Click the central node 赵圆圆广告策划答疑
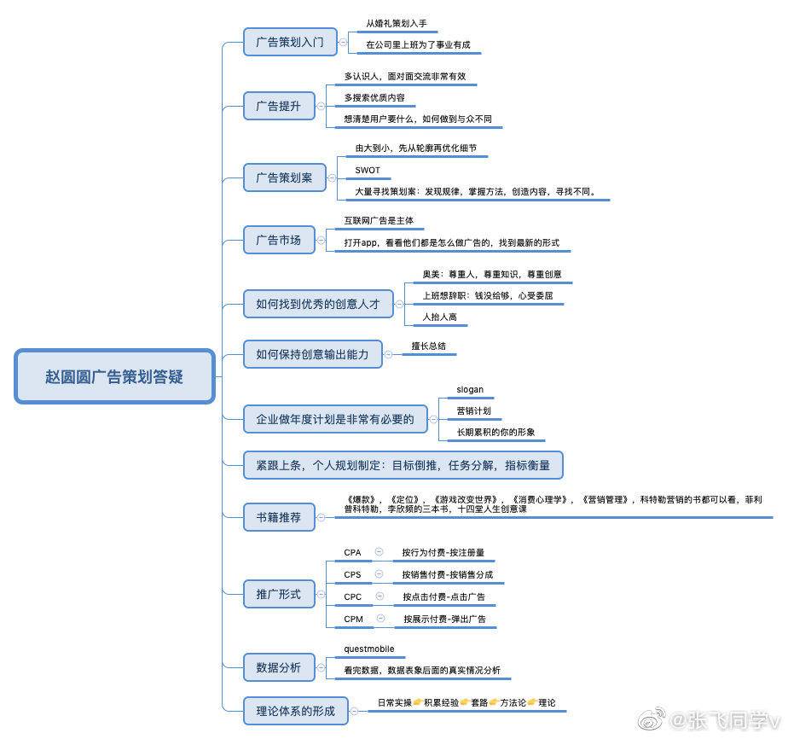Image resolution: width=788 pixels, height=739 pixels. (x=114, y=376)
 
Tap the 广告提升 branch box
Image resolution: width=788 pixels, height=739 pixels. (x=278, y=107)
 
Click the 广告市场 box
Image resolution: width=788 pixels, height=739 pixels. (x=278, y=240)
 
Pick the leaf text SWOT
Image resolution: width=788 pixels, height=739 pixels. (x=368, y=171)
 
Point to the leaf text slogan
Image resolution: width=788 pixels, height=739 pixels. (x=470, y=390)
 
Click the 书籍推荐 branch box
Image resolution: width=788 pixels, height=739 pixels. (x=278, y=516)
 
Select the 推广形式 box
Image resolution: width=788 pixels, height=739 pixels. (x=278, y=594)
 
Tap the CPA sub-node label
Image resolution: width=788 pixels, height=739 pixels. (x=352, y=553)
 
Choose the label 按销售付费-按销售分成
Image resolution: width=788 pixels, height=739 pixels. (x=447, y=575)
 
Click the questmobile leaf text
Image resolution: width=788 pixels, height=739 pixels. (x=369, y=649)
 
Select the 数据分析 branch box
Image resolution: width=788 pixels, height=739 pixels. (x=278, y=667)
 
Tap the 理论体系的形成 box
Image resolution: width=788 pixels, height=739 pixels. (x=295, y=710)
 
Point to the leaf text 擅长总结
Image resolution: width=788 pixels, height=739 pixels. (x=428, y=347)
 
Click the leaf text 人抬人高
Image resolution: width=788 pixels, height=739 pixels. (x=440, y=317)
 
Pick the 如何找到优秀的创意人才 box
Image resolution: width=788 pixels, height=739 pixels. (x=318, y=304)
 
